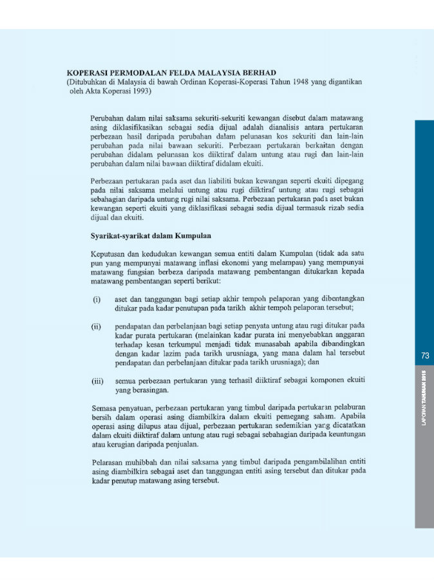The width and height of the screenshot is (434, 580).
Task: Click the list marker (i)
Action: click(x=97, y=299)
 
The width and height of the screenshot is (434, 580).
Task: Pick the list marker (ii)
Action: click(x=97, y=326)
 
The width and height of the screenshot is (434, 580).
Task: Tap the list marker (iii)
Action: click(x=98, y=382)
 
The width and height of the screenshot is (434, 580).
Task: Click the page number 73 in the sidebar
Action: click(x=424, y=356)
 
